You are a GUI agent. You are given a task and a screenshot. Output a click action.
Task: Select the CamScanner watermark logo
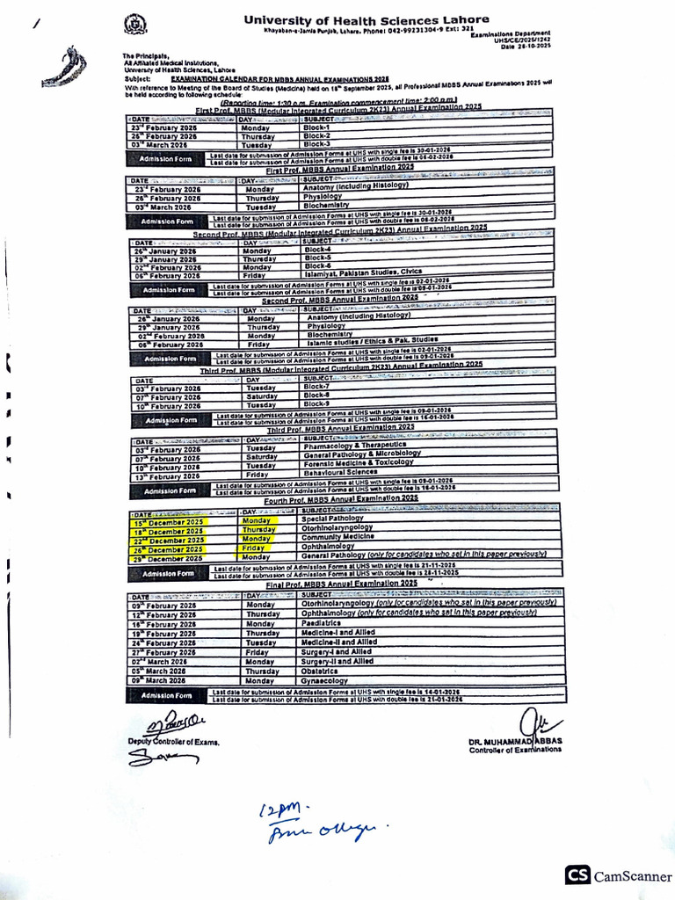619,875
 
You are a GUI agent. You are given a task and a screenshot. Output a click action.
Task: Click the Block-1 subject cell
316,127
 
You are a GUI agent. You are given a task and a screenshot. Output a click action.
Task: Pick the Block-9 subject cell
316,404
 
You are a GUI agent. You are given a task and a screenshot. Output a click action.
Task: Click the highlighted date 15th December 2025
168,522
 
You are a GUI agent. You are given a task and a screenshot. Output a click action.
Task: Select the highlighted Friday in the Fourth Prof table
254,548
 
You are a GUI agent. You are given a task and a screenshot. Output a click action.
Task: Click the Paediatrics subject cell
322,623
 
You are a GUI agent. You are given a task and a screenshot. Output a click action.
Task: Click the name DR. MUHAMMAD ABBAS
515,741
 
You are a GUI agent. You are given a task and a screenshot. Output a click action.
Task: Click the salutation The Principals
146,55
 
